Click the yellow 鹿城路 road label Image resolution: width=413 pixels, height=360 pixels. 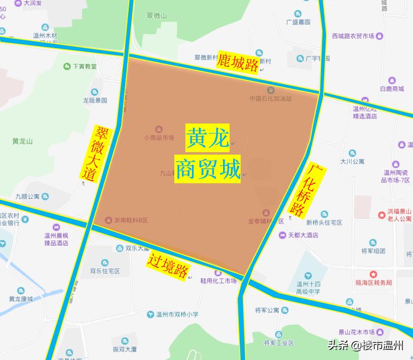(238, 63)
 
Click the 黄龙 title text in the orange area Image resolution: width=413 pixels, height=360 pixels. (208, 138)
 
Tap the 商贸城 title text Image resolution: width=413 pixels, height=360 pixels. (208, 168)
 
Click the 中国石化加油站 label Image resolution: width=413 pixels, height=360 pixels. (270, 98)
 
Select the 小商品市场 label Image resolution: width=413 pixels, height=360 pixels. (159, 137)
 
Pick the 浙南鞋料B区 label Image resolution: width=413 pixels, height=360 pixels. (131, 220)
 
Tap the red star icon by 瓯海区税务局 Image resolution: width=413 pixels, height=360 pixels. (374, 274)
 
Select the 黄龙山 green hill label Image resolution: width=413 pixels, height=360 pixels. (22, 141)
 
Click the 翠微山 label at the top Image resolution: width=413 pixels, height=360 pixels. (157, 16)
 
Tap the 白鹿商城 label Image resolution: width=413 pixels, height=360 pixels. (392, 88)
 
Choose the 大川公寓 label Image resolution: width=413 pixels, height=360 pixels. (352, 161)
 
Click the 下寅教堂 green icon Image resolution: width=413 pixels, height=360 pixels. (67, 66)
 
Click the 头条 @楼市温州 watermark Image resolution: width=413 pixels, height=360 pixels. (365, 345)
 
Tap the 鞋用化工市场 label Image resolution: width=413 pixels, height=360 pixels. (218, 281)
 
